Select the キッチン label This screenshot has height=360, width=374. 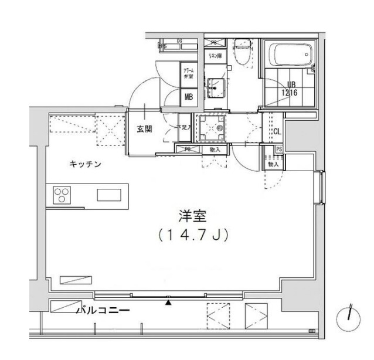click(85, 164)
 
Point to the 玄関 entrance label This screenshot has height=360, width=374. click(145, 129)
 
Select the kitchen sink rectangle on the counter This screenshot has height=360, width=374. click(108, 195)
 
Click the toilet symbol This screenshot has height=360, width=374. click(241, 52)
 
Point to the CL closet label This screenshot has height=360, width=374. click(277, 132)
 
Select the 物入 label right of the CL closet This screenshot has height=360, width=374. click(273, 165)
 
